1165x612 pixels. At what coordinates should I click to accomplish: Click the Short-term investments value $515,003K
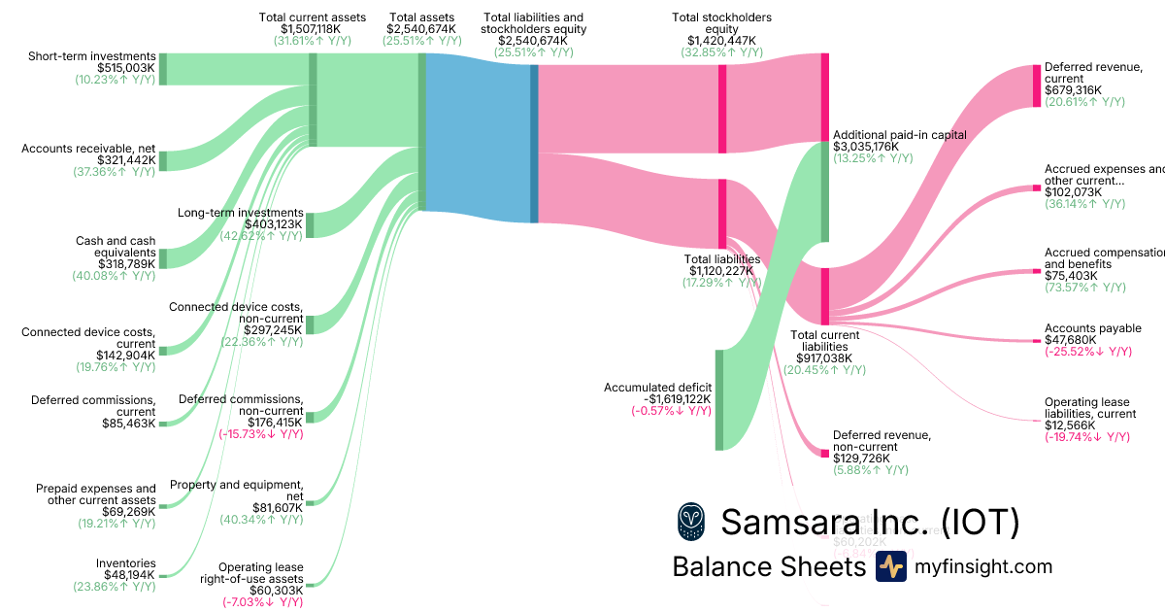(x=126, y=68)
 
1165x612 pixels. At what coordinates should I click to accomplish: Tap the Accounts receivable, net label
(x=88, y=149)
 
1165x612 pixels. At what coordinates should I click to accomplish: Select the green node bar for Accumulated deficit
(x=719, y=399)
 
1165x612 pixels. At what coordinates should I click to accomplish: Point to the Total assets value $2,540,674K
(x=421, y=29)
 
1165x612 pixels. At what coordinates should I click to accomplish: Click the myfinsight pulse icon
(x=890, y=566)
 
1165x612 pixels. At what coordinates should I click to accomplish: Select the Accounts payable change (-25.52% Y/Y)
(x=1087, y=352)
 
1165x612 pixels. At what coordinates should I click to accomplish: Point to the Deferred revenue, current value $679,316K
(x=1073, y=90)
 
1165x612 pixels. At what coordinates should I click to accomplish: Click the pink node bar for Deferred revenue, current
(x=1035, y=85)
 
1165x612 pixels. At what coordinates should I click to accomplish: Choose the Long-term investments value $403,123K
(x=275, y=224)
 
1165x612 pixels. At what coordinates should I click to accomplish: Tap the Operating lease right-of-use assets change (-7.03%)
(x=260, y=602)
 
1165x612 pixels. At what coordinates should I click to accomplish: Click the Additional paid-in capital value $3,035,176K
(x=866, y=147)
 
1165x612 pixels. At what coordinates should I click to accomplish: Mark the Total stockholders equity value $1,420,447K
(x=721, y=41)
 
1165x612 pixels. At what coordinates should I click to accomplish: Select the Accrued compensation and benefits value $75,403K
(x=1071, y=276)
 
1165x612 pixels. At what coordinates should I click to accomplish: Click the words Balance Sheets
(x=768, y=566)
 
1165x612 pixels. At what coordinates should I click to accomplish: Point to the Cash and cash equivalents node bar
(x=163, y=257)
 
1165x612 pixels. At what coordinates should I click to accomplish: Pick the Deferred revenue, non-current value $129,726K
(x=866, y=458)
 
